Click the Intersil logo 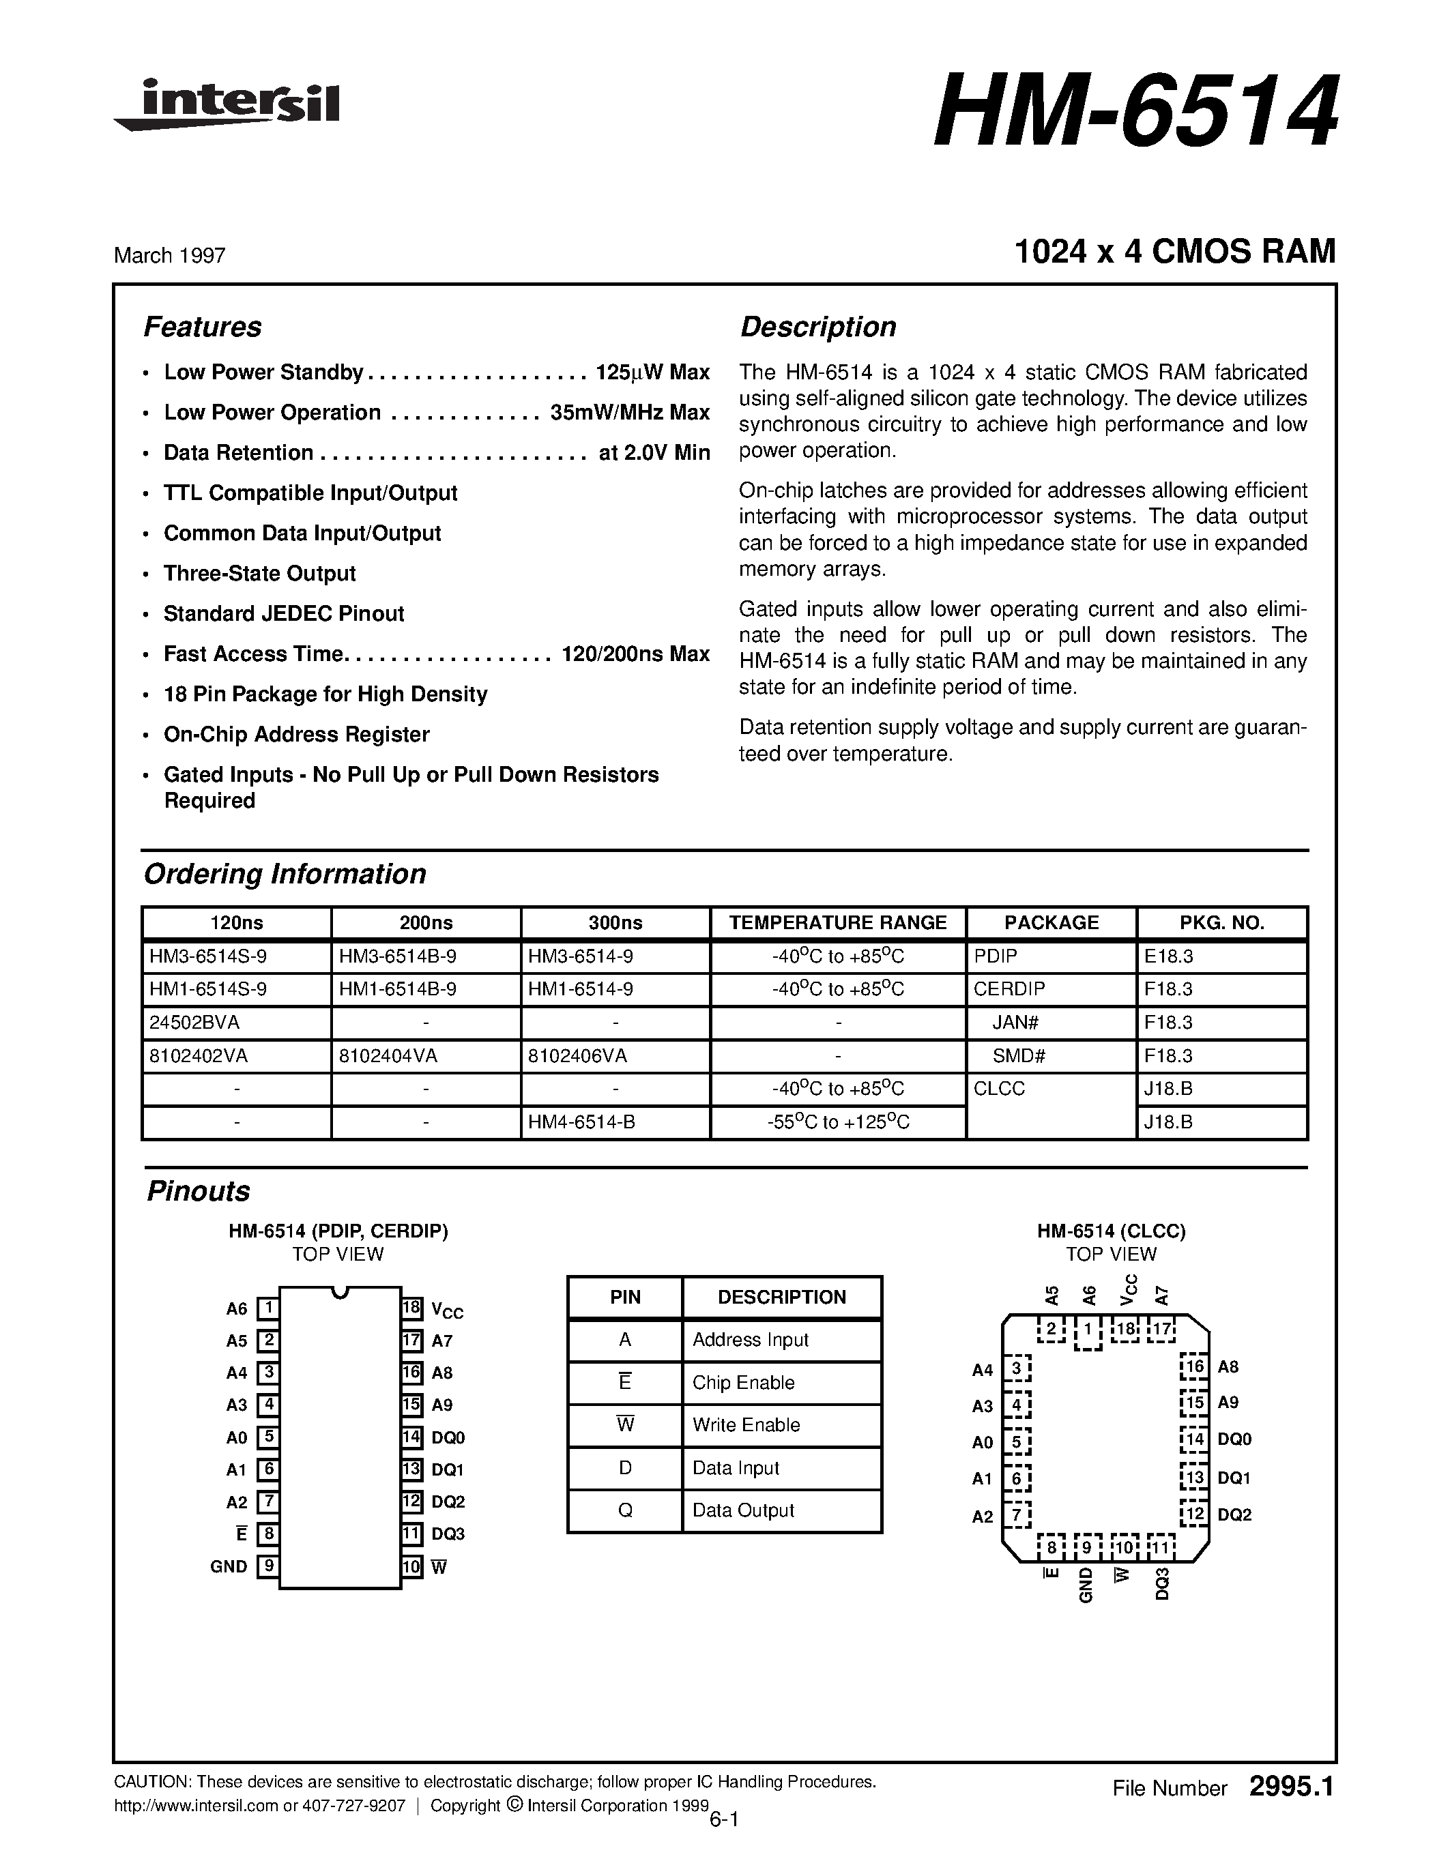click(x=228, y=105)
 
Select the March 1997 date click(x=169, y=255)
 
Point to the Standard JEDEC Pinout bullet click(x=283, y=613)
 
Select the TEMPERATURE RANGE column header click(x=837, y=922)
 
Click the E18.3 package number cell click(x=1168, y=956)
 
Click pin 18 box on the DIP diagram click(x=411, y=1308)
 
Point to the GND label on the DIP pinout click(x=229, y=1567)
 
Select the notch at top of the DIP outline click(x=340, y=1292)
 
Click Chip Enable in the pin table click(x=743, y=1383)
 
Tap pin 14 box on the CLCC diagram click(x=1194, y=1439)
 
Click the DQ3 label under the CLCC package click(x=1162, y=1583)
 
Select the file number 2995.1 click(x=1291, y=1787)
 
